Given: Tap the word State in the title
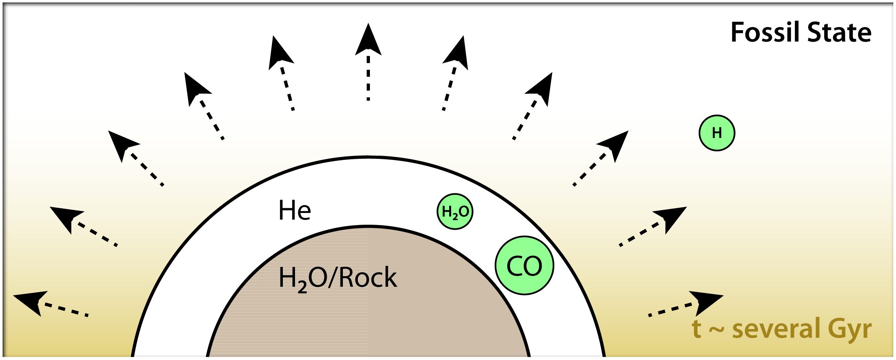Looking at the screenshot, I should coord(839,32).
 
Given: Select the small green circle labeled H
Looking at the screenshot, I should coord(717,133).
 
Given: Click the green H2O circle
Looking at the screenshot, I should coord(455,212).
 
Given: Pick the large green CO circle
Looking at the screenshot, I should coord(524,265).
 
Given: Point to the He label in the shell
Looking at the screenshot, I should coord(295,211).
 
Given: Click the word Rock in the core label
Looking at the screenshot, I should coord(368,278).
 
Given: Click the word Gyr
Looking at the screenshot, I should coord(850,329).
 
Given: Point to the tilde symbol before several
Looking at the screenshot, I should coord(716,329).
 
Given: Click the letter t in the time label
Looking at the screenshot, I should coord(697,329).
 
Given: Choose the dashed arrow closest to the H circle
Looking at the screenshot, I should coord(600,157).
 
